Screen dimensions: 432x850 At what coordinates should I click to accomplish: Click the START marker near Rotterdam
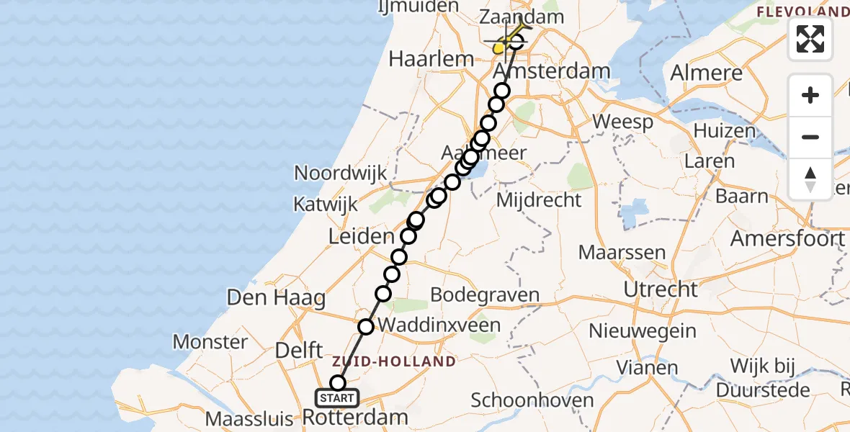[x=336, y=397]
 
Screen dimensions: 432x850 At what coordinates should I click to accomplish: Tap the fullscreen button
[x=810, y=39]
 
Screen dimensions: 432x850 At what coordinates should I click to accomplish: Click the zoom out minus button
[x=810, y=137]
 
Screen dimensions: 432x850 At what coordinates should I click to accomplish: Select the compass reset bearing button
[x=810, y=179]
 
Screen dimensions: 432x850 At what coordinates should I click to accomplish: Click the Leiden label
[x=362, y=235]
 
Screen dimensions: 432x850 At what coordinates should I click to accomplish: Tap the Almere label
[x=706, y=73]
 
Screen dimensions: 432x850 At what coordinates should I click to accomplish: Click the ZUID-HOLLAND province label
[x=393, y=361]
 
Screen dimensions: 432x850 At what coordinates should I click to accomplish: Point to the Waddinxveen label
[x=439, y=325]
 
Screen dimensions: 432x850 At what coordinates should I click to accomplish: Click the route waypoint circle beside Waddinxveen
[x=366, y=327]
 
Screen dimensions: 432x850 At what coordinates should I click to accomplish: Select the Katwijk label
[x=326, y=204]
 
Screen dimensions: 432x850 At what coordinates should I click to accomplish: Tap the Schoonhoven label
[x=532, y=400]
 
